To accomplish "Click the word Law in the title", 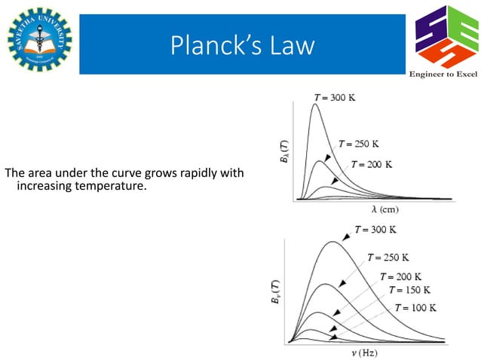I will click(291, 46).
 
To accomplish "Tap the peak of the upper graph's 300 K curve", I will click(315, 104).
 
